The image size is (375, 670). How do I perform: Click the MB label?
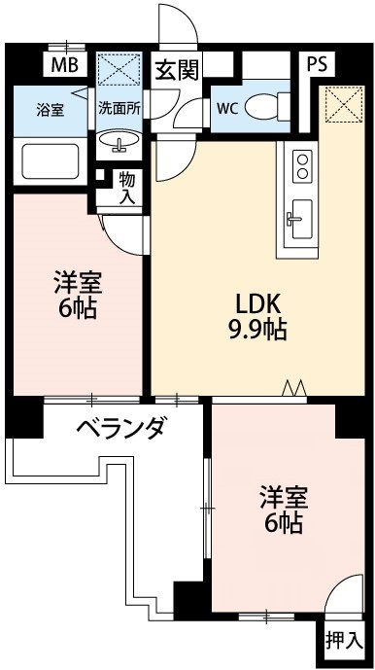point(64,67)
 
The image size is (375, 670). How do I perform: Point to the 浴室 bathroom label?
point(51,109)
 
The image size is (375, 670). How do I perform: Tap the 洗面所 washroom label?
point(120,109)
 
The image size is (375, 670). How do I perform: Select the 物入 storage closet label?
point(127,188)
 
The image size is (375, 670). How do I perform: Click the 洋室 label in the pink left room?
point(78,286)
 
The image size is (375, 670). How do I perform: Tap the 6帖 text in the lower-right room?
point(283,525)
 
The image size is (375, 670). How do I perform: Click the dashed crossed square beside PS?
point(339,105)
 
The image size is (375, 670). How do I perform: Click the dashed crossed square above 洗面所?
point(119,71)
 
